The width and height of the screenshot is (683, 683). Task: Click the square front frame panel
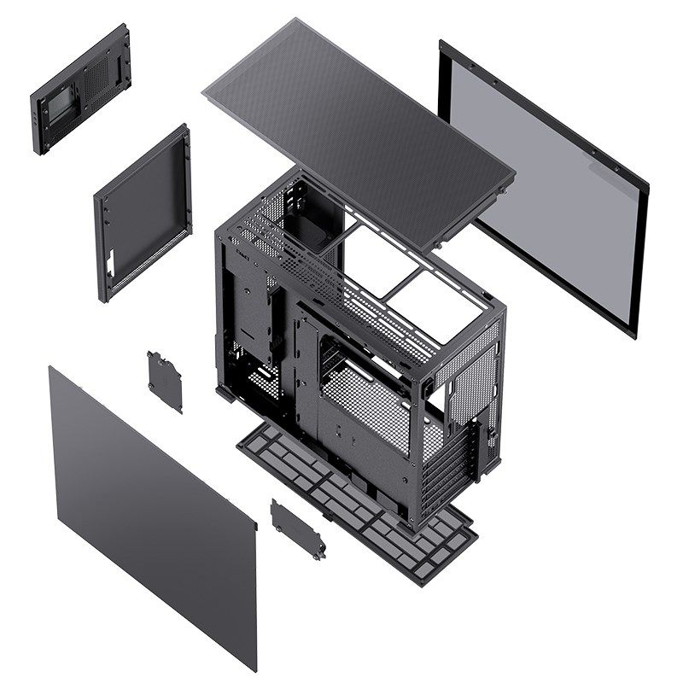click(x=141, y=213)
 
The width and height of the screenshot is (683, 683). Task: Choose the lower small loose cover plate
click(x=298, y=528)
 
